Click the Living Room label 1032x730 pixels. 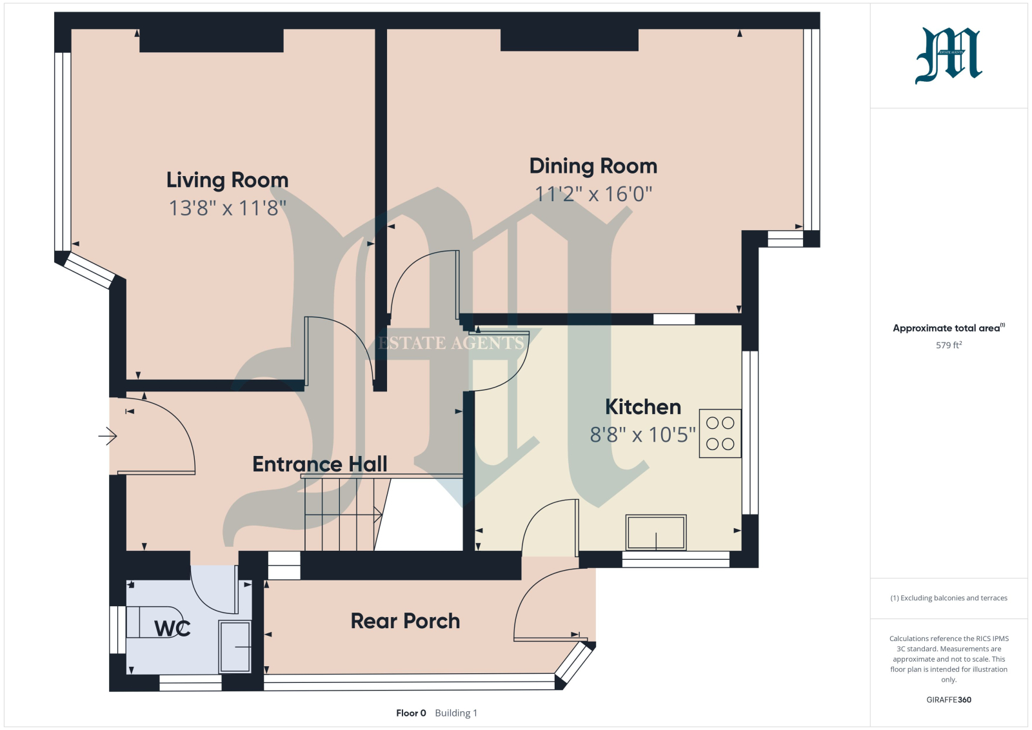(227, 180)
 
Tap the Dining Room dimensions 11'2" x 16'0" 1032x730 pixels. (593, 194)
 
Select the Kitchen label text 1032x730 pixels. (642, 407)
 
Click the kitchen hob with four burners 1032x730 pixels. (720, 433)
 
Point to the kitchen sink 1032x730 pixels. (656, 533)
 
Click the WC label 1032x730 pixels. (172, 628)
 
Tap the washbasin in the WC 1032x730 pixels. (235, 647)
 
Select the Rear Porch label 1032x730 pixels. (406, 621)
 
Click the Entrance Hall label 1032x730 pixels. (320, 464)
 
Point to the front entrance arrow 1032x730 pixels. (108, 436)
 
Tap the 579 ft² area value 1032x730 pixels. (949, 345)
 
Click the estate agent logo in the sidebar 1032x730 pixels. (949, 55)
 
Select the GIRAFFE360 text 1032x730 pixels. (949, 700)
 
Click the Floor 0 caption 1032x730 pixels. (411, 713)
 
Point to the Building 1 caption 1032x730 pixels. (456, 713)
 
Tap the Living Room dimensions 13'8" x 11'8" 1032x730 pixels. (228, 208)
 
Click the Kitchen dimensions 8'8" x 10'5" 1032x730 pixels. (642, 434)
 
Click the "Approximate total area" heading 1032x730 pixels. (949, 328)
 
